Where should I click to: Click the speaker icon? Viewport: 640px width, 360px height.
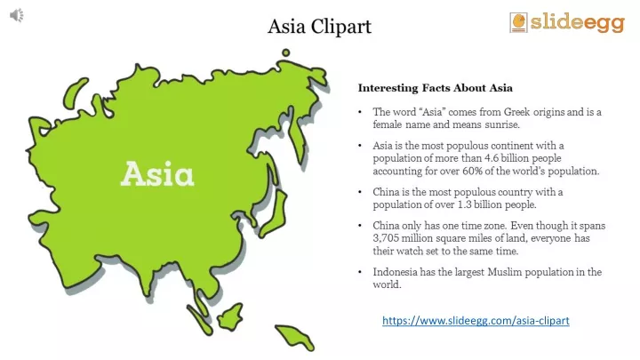click(x=17, y=15)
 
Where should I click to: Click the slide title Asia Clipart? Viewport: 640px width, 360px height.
click(x=320, y=27)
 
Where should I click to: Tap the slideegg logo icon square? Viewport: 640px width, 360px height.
click(x=518, y=22)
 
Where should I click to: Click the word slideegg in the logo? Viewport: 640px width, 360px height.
click(x=578, y=22)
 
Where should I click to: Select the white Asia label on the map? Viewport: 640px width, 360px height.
click(x=157, y=174)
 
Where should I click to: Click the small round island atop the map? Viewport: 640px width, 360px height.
click(x=285, y=52)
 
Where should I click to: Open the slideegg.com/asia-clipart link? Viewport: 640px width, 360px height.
click(x=476, y=320)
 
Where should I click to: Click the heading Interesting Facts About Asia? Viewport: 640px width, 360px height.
click(x=435, y=88)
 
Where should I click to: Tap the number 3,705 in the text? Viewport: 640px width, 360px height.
click(x=386, y=238)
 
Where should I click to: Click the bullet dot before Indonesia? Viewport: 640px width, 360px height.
click(x=360, y=272)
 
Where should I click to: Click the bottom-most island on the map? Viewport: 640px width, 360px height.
click(x=295, y=337)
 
